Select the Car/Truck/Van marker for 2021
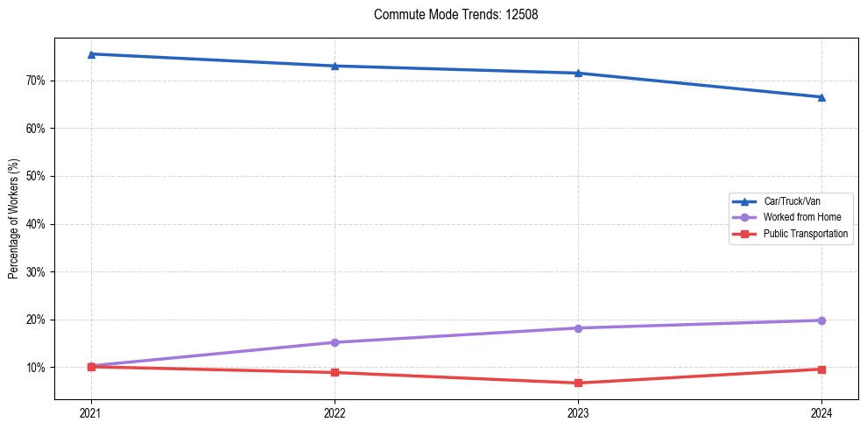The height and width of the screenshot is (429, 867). (x=91, y=54)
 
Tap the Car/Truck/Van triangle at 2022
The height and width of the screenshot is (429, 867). (x=335, y=66)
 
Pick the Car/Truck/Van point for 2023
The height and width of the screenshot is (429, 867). (x=578, y=73)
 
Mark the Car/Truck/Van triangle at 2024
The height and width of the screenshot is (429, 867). (x=821, y=97)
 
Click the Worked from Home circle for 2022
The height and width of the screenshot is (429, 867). (x=335, y=342)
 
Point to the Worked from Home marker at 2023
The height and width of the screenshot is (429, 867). (x=578, y=328)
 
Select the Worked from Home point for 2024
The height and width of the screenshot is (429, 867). (x=821, y=320)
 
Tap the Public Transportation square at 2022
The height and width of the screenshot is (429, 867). (x=335, y=373)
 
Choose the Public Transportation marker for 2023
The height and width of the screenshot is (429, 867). (x=578, y=383)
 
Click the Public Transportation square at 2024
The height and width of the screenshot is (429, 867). (x=821, y=369)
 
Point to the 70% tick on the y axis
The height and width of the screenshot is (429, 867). (x=36, y=81)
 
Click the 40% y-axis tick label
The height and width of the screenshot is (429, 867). (x=36, y=224)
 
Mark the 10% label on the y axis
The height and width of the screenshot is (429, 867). (x=36, y=368)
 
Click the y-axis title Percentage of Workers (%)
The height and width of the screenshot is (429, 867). (x=13, y=219)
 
